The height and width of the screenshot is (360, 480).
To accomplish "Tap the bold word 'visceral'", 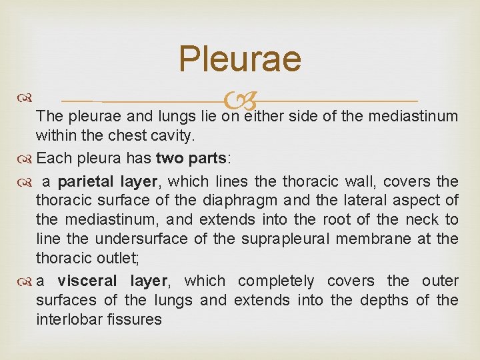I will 87,281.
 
